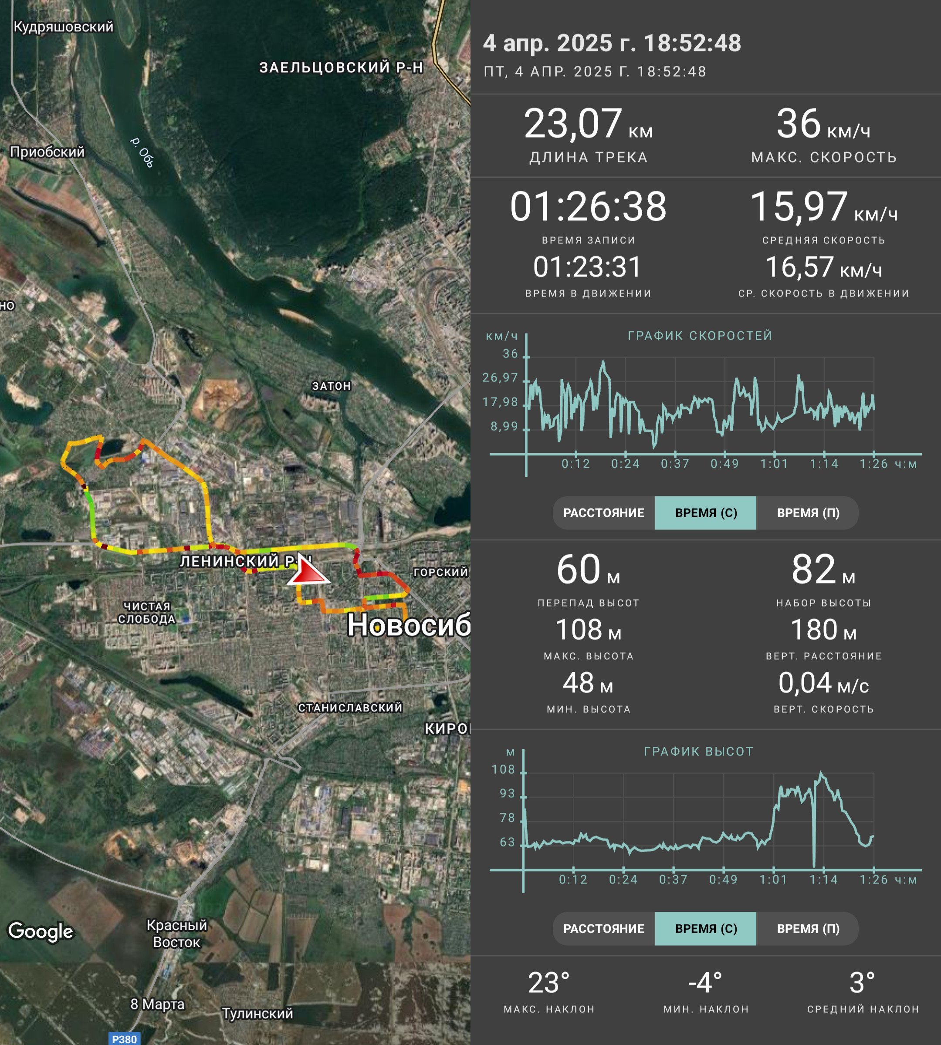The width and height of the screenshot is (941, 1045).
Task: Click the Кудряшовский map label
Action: [63, 27]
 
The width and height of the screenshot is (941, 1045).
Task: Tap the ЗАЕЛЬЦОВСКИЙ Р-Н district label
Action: [341, 67]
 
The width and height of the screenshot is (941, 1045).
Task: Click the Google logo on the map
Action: [41, 932]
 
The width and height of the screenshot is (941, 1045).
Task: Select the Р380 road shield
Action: [125, 1039]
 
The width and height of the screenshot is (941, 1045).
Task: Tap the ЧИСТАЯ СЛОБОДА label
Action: [147, 613]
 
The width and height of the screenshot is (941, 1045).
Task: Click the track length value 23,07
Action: [573, 124]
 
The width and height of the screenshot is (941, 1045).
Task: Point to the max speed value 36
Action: [798, 124]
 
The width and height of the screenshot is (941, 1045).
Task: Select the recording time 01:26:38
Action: [589, 207]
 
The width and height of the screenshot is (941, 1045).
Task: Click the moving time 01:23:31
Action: [587, 267]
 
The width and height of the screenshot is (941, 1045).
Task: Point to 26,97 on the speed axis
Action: [500, 378]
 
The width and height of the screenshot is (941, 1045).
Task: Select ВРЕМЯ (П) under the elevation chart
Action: [808, 929]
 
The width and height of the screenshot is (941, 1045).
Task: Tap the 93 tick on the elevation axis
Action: [507, 794]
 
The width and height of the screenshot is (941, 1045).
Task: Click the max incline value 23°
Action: [549, 983]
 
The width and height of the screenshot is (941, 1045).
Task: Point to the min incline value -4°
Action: [705, 983]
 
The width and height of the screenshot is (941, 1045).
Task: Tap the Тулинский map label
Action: [257, 1014]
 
